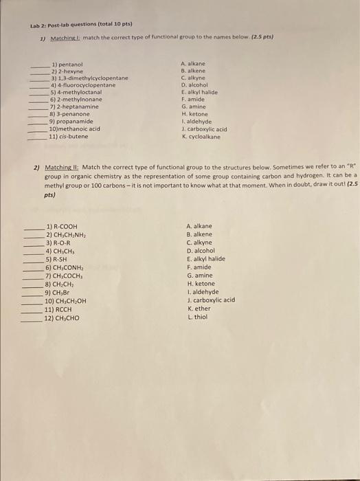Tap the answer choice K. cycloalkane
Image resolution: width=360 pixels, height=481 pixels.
coord(201,136)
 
